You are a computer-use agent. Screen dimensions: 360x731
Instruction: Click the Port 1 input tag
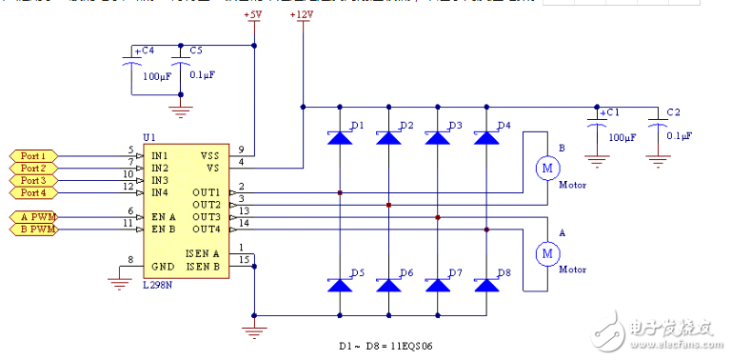coord(32,155)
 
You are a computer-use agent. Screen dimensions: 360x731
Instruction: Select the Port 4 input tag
coord(32,192)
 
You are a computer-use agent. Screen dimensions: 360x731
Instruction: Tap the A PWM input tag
coord(36,216)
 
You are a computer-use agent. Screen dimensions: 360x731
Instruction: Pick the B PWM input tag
coord(36,230)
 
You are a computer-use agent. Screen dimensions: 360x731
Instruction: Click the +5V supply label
coord(254,16)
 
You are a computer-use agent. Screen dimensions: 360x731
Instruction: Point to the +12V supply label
coord(303,16)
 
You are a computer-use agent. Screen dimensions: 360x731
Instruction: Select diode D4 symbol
coord(486,138)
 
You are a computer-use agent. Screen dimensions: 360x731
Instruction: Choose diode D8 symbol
coord(486,285)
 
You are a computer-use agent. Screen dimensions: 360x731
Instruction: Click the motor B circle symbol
coord(547,169)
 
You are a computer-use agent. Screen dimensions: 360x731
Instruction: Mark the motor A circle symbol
coord(547,253)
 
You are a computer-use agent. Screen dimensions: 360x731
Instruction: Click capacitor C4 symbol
coord(132,61)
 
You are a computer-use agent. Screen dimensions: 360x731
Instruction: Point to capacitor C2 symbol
coord(655,124)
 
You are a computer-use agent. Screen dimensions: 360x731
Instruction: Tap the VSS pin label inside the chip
coord(210,155)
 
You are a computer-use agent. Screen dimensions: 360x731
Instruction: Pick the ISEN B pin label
coord(204,266)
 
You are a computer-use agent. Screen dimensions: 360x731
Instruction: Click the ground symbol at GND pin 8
coord(119,280)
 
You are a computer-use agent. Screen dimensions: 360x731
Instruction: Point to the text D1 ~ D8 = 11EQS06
coord(385,346)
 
